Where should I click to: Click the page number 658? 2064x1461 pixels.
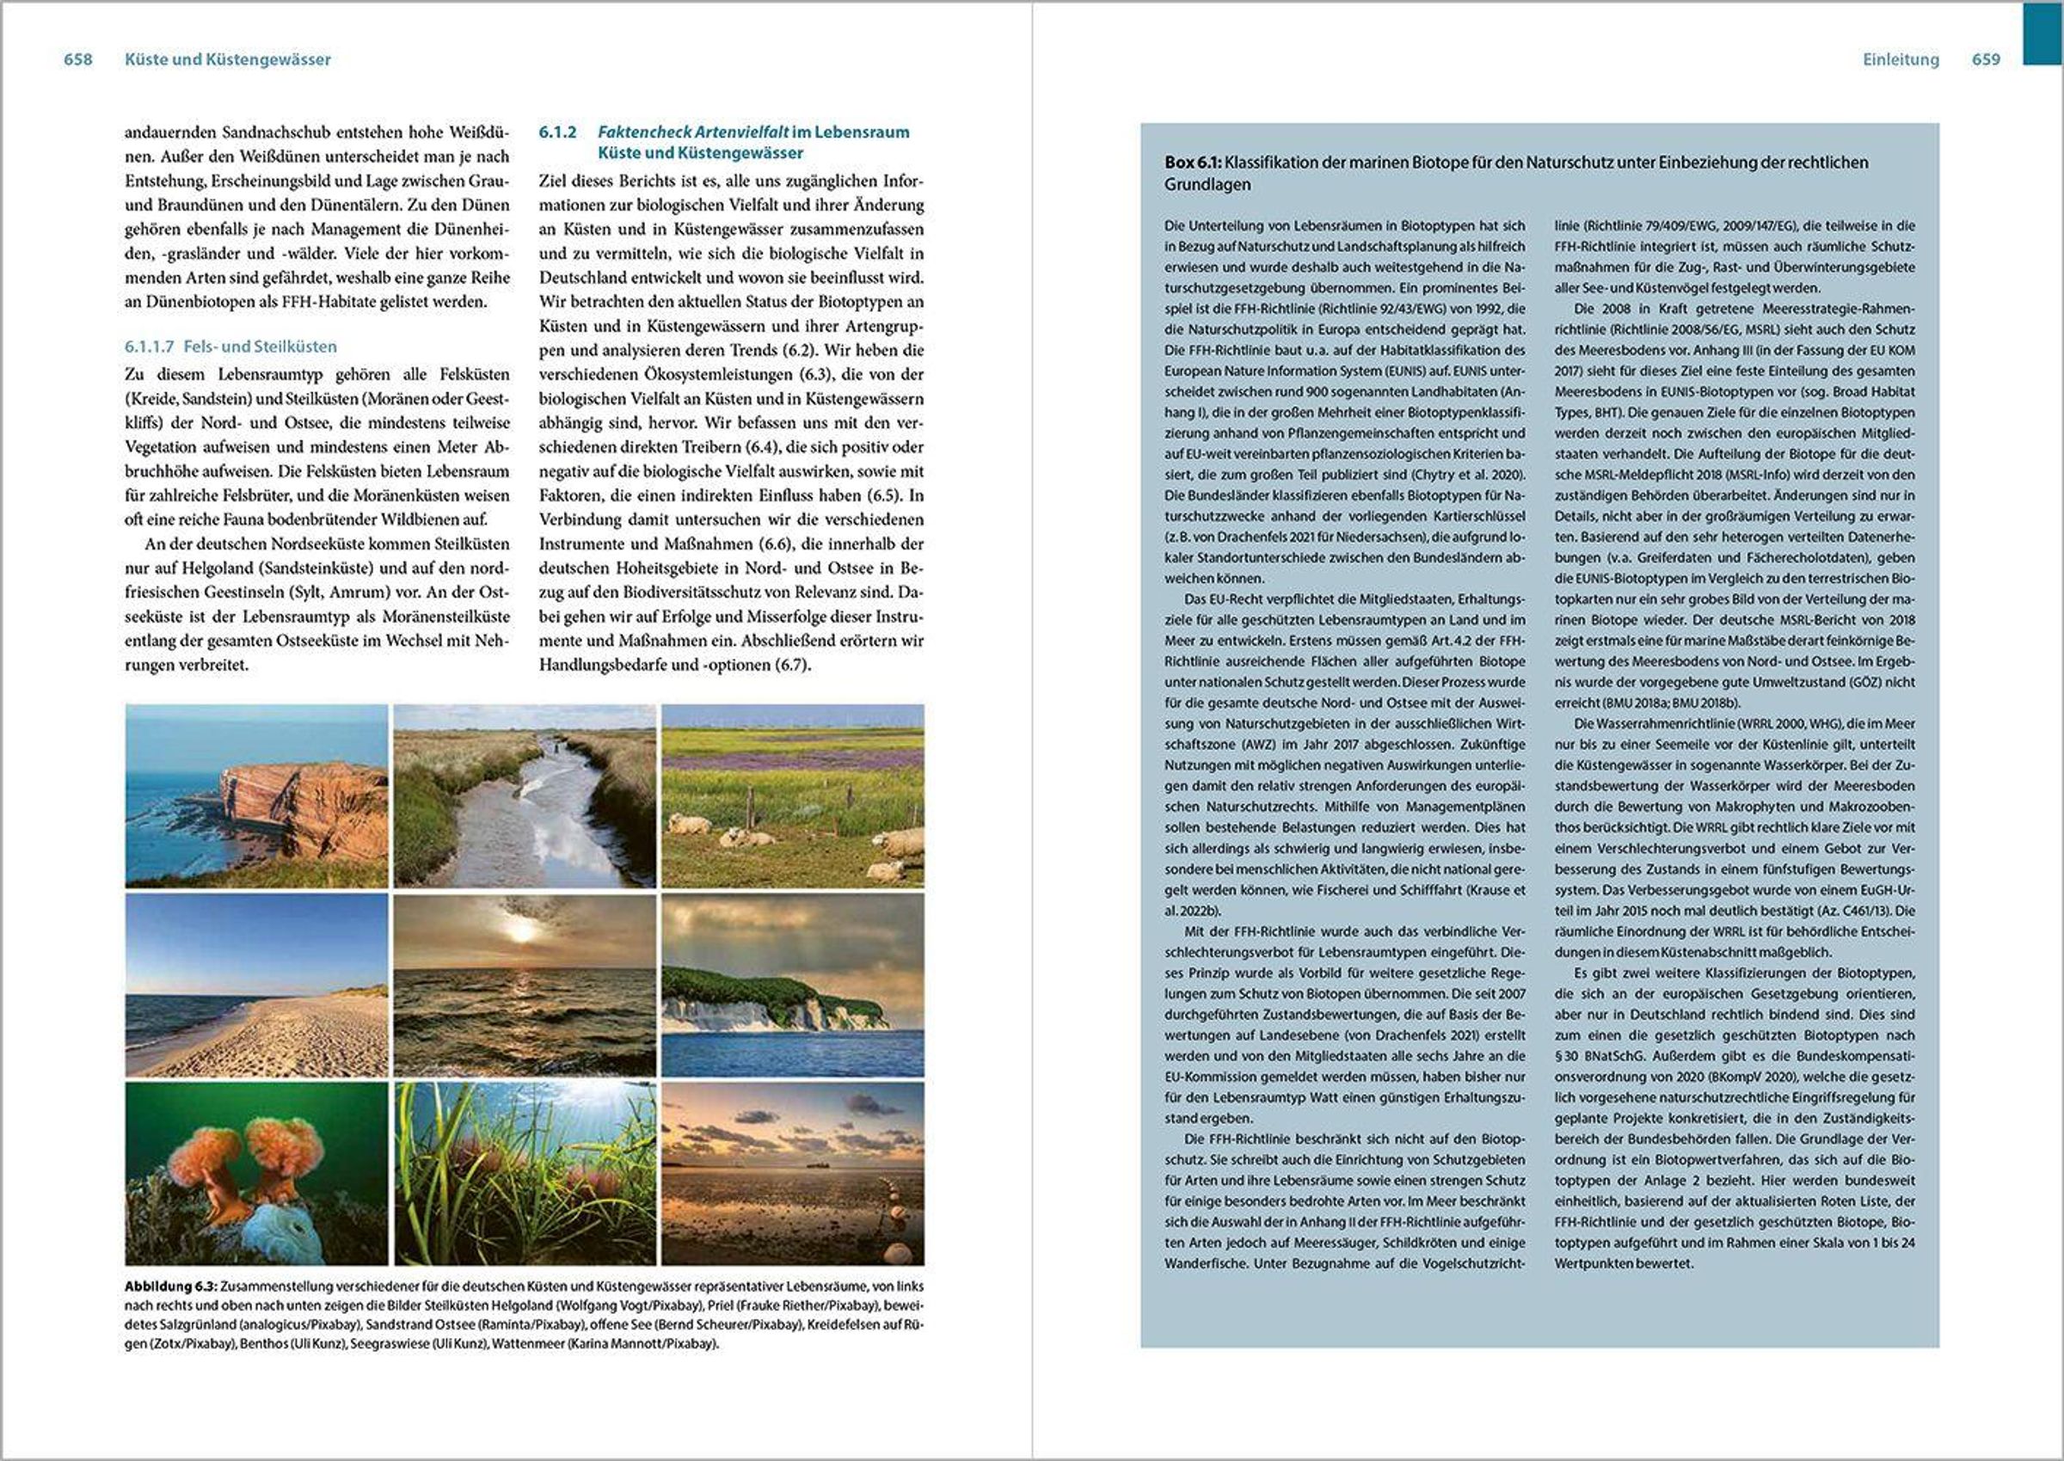click(78, 59)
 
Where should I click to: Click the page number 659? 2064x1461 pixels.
click(1986, 59)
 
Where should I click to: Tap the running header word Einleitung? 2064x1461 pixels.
click(1901, 59)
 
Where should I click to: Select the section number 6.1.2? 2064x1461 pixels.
click(558, 132)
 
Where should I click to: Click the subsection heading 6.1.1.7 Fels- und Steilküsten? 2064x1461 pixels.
click(230, 347)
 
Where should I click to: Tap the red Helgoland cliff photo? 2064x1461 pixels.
click(256, 795)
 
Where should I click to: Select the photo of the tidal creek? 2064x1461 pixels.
click(525, 795)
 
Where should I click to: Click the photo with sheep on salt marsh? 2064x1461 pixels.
click(793, 795)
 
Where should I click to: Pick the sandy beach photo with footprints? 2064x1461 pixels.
click(256, 985)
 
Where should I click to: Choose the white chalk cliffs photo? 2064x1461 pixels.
click(793, 985)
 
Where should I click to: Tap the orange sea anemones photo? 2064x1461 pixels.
click(256, 1173)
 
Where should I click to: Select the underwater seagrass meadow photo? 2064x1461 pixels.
click(525, 1173)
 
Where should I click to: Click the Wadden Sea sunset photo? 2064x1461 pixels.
click(793, 1173)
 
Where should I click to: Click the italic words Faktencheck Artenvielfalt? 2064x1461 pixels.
click(693, 132)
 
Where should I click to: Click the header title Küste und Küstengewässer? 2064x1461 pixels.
click(228, 59)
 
